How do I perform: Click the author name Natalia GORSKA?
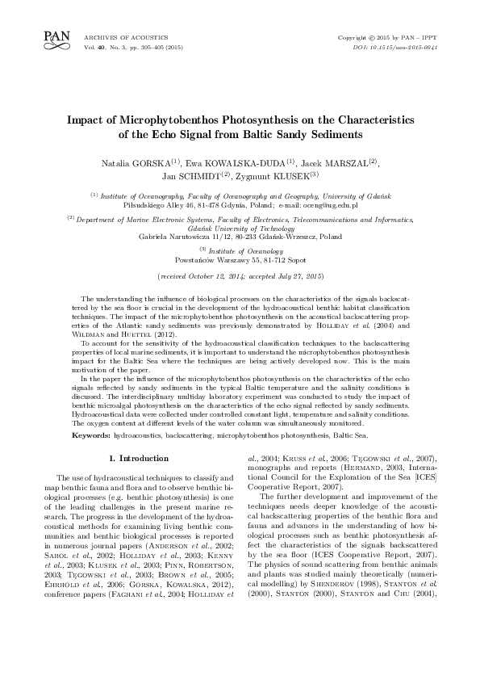coord(130,162)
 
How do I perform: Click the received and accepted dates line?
coord(240,276)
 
